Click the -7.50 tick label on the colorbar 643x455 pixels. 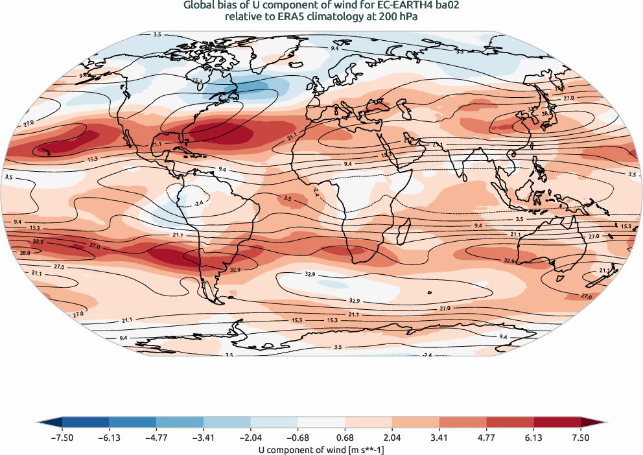coord(62,438)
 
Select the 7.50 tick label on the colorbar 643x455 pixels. coord(581,438)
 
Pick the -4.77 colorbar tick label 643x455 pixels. coord(156,438)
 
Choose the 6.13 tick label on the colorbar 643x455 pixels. coord(533,438)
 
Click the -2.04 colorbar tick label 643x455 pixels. coord(203,438)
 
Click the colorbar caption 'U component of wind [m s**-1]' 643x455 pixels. coord(321,449)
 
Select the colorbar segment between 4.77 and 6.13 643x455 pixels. coord(509,425)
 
